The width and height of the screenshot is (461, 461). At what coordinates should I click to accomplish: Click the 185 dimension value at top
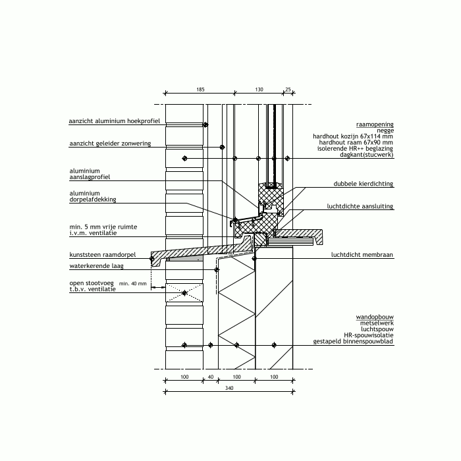[200, 90]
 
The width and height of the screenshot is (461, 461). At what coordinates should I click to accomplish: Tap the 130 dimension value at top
[259, 90]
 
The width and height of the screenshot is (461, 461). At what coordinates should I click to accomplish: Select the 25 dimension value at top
[288, 90]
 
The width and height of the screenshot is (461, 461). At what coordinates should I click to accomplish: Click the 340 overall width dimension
[229, 388]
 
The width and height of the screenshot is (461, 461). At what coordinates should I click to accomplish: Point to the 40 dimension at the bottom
[211, 377]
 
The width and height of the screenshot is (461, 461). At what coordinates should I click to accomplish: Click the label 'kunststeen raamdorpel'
[103, 255]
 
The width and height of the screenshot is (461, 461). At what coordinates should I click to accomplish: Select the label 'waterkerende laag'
[96, 266]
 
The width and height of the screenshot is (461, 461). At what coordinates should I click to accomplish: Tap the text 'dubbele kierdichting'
[363, 184]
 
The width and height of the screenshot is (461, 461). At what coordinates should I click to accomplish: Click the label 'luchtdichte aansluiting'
[360, 206]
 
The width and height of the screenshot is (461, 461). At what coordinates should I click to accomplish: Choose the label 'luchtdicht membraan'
[362, 255]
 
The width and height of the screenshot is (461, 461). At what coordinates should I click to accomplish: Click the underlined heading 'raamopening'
[375, 124]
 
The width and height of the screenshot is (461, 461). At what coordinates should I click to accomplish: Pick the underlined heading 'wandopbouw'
[375, 317]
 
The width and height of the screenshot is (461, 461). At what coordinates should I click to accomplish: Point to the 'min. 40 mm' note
[132, 284]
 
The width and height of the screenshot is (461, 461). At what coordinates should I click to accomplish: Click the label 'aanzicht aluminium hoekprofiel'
[115, 121]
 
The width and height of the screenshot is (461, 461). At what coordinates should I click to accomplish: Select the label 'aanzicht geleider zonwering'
[110, 144]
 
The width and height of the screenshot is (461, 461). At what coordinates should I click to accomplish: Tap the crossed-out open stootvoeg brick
[184, 293]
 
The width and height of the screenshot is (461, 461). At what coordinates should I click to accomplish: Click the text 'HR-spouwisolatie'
[368, 335]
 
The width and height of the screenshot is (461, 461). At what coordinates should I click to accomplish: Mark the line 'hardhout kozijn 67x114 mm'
[353, 136]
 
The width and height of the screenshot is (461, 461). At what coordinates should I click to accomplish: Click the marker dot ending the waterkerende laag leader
[217, 269]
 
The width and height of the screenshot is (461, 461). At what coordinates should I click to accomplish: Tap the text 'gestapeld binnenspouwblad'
[353, 341]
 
